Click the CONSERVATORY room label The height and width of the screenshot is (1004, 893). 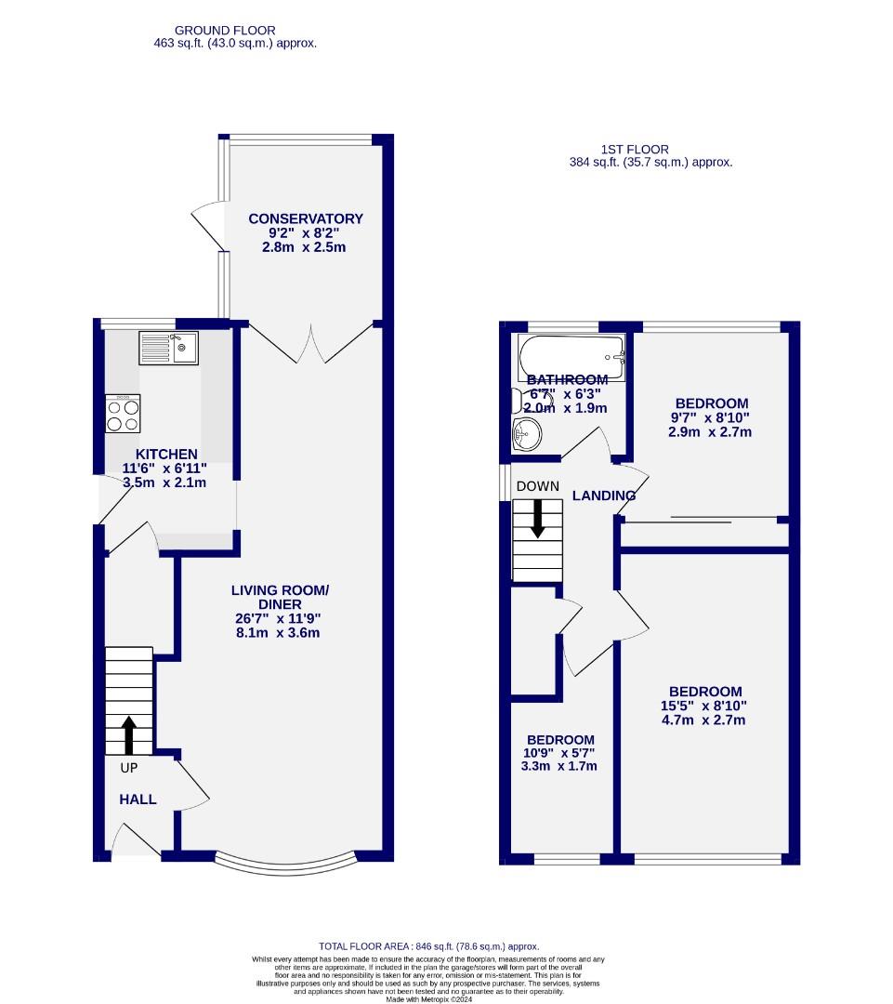pos(306,218)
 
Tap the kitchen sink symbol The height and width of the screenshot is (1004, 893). pos(168,348)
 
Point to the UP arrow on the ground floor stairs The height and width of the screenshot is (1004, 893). pos(128,733)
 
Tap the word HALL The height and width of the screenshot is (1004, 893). pos(138,799)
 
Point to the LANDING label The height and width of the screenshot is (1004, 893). pos(604,495)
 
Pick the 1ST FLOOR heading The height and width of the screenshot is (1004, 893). pos(635,149)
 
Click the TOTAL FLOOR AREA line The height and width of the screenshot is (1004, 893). pos(428,946)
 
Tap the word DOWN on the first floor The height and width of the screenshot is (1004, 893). pos(538,486)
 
